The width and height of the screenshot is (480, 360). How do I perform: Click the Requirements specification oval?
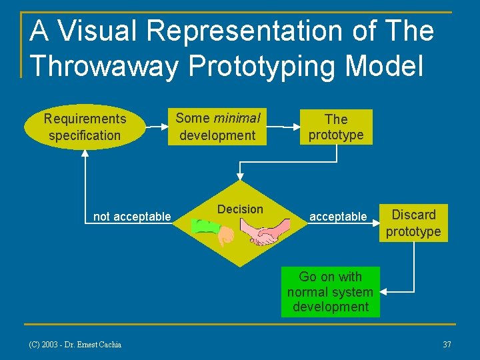85,127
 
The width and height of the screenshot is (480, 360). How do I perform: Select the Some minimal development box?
217,127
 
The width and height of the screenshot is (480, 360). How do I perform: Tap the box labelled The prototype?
335,127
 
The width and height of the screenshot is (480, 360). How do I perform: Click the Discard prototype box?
413,223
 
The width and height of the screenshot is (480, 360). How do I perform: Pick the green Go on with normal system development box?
330,292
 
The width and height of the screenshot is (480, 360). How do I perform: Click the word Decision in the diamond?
240,209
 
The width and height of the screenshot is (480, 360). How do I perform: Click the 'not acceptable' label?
132,216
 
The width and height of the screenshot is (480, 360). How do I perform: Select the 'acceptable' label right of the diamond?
338,216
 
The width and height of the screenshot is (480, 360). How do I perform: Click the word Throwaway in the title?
103,65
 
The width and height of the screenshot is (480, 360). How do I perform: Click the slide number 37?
447,344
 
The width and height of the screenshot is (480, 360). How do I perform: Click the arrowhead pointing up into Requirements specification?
85,151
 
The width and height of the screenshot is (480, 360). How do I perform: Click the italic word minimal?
237,118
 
